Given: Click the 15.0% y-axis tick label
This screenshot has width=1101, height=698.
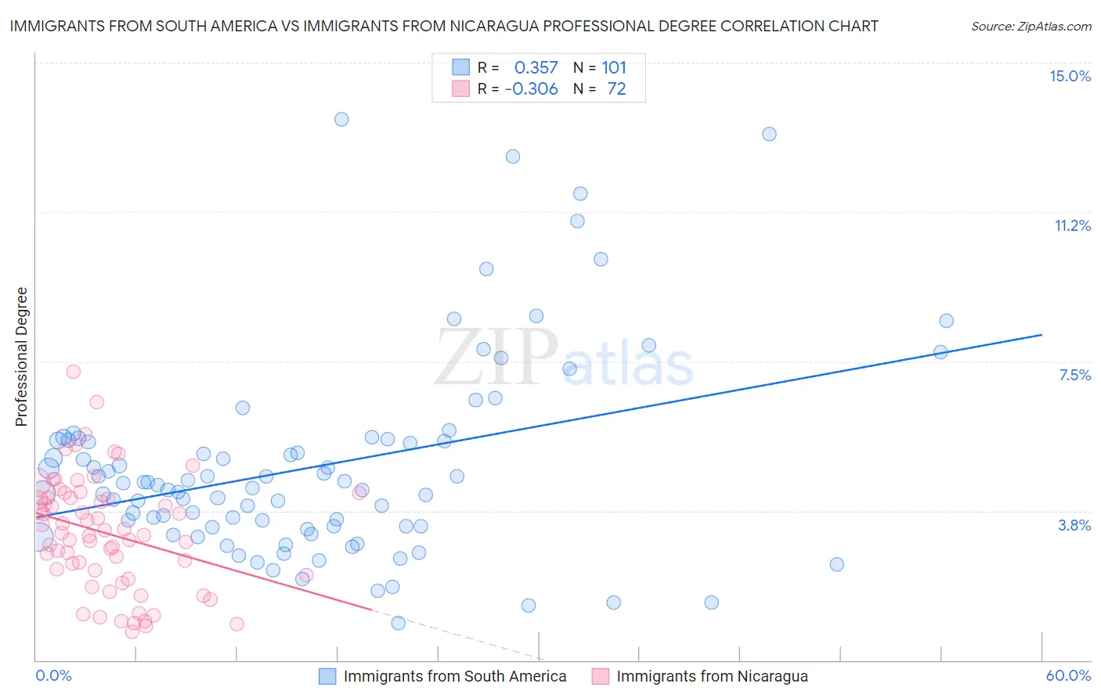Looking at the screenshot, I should (x=1070, y=76).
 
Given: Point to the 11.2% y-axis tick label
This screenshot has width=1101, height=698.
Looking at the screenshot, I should (x=1072, y=225).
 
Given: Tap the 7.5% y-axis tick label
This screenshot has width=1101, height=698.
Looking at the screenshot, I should (x=1074, y=375).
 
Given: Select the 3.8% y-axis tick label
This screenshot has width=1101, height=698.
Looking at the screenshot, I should (x=1074, y=525).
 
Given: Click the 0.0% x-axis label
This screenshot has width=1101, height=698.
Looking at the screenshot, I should (x=53, y=675).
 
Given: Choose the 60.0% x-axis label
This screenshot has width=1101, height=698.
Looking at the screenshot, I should (x=1068, y=675).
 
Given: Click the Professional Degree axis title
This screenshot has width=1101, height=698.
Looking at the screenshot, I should (x=21, y=357).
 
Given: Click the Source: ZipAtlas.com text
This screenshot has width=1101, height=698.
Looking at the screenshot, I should (x=1031, y=26).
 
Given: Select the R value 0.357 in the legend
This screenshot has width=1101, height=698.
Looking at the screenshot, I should (x=536, y=68).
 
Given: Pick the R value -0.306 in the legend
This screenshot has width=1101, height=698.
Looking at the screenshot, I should (x=531, y=89).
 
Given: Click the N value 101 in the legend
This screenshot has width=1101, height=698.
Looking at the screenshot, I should (x=614, y=68).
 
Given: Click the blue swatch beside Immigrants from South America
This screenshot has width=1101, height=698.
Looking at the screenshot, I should (x=327, y=676).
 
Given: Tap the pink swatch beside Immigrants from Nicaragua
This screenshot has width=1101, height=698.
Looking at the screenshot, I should (x=600, y=676).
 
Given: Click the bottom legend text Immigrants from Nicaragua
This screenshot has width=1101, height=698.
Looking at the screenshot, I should (x=712, y=676).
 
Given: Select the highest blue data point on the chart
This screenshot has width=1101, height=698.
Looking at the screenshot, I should (x=341, y=119).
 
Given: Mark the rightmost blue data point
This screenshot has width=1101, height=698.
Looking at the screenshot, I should (x=946, y=321).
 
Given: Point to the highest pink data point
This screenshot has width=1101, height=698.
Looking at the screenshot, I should (x=73, y=372).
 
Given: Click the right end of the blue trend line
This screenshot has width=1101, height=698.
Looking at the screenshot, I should (x=1041, y=335).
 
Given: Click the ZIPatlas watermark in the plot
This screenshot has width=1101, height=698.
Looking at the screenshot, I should (x=564, y=360).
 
